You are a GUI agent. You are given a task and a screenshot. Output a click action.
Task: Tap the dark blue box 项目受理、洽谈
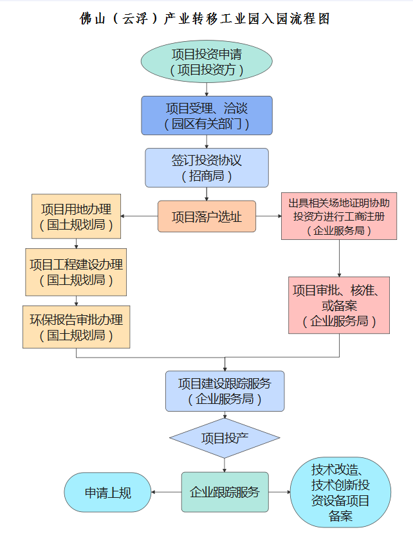coord(206,115)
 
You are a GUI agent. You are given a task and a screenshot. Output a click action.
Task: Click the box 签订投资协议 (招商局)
coord(206,167)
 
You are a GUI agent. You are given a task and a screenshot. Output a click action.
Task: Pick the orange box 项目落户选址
coord(206,217)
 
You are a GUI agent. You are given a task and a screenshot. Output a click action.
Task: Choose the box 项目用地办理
coord(76,217)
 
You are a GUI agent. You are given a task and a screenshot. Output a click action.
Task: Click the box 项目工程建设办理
coord(76,272)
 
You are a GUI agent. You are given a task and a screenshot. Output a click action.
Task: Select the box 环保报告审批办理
coord(76,327)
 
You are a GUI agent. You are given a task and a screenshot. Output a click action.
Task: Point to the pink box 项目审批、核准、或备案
coord(339,306)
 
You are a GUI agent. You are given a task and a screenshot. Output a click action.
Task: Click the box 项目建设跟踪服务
coord(225,391)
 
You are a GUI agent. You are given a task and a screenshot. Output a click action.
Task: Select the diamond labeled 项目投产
coord(225,439)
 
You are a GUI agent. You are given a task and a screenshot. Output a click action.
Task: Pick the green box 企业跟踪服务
coord(225,492)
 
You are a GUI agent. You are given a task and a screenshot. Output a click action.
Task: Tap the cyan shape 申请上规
coord(107,493)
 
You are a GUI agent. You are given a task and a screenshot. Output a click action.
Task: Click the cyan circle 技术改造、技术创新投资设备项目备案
coord(340,492)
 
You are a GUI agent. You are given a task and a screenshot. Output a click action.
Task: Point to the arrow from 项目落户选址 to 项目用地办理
coord(138,217)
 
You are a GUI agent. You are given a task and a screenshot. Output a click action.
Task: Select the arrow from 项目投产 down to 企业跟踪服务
coord(225,464)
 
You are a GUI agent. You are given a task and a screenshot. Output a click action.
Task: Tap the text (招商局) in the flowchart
coord(206,176)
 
